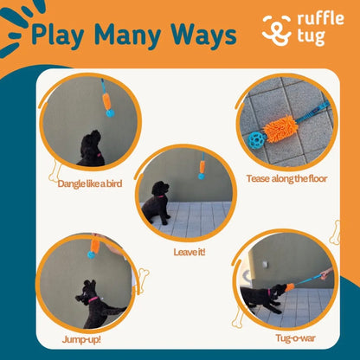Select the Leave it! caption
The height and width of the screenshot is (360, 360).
pos(189,253)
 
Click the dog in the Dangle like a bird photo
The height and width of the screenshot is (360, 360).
pos(91,149)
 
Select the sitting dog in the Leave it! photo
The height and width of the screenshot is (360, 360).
pos(158,203)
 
